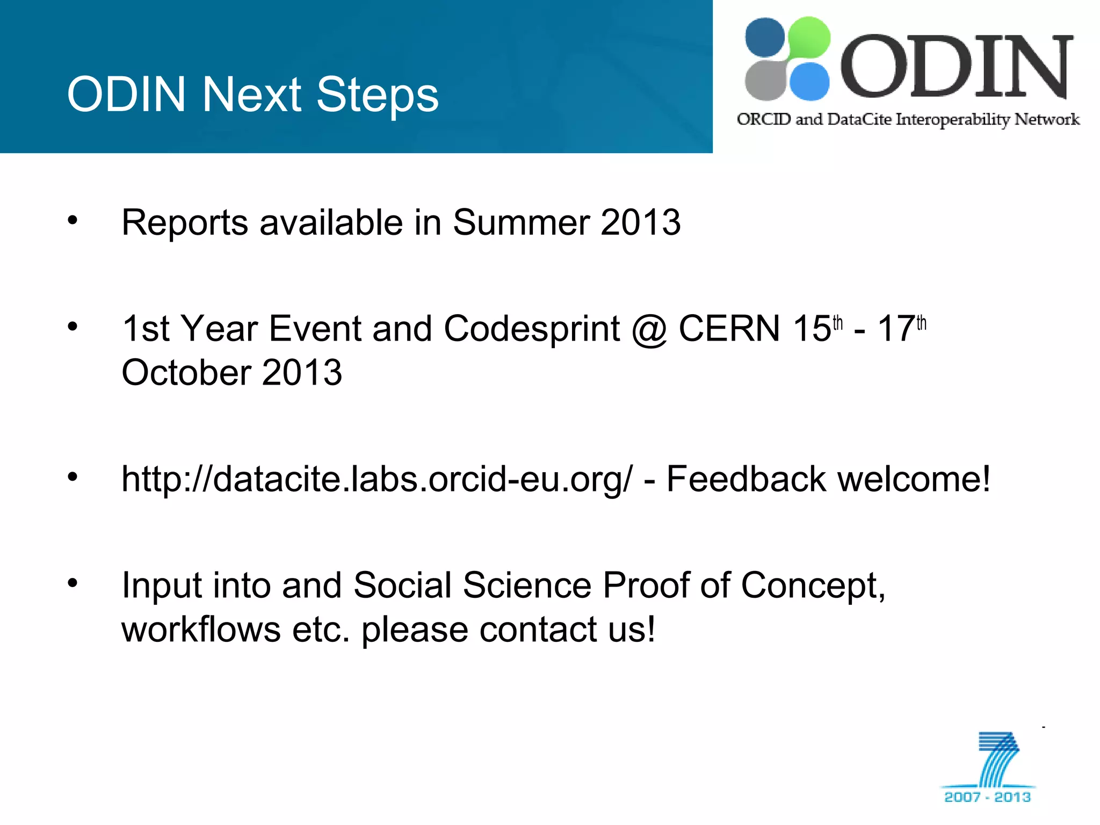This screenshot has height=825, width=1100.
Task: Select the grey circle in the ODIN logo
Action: click(765, 81)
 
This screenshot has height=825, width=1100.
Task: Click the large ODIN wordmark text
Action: click(957, 67)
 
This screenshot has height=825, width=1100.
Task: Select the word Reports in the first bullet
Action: click(185, 223)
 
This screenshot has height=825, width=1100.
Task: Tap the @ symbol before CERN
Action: click(649, 329)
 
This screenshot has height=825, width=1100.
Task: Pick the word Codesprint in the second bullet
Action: click(532, 329)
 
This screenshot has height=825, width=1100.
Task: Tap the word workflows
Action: click(201, 629)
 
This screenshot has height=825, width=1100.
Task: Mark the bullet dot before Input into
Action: click(73, 582)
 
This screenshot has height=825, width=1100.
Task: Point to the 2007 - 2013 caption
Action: click(987, 797)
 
